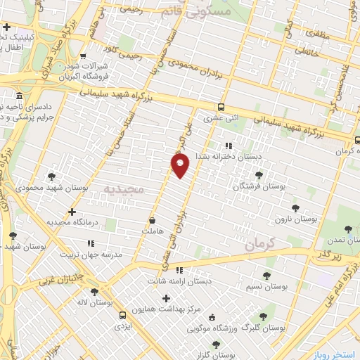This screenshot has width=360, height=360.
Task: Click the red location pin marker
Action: click(x=181, y=165)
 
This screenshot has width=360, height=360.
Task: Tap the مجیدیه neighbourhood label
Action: click(x=123, y=189)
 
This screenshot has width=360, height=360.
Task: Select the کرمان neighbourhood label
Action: click(x=263, y=245)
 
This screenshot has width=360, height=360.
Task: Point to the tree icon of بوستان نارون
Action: click(x=295, y=207)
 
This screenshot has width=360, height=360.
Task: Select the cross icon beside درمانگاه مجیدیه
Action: click(x=71, y=211)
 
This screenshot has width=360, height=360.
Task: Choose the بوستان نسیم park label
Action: click(x=267, y=286)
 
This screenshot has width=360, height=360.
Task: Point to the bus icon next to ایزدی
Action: click(x=123, y=315)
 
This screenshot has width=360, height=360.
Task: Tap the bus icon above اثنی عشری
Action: click(x=221, y=108)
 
